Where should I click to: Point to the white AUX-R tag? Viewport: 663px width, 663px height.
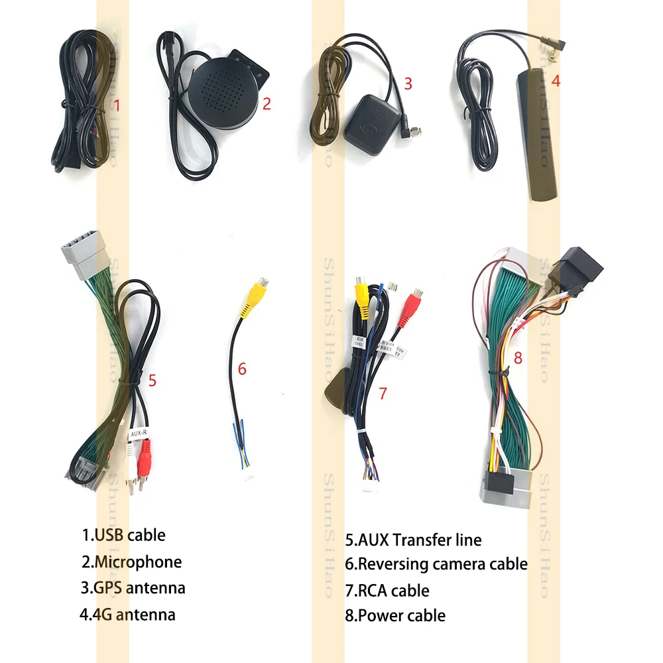click(139, 434)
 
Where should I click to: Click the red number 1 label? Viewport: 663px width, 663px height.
click(117, 105)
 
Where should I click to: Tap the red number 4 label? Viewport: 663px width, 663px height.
click(556, 81)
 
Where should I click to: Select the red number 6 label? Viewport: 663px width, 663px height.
click(242, 369)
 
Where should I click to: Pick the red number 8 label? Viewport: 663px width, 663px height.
click(518, 359)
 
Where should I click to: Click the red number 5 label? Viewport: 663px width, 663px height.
click(152, 380)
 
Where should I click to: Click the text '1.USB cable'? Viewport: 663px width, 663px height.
click(123, 534)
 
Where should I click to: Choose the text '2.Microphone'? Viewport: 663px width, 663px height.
click(131, 562)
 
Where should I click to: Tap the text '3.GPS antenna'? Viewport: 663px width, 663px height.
click(133, 587)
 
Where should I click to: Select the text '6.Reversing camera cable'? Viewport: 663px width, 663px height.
click(436, 564)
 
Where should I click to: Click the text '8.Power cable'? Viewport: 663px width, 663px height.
click(395, 615)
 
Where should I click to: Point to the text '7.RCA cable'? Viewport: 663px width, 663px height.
click(387, 590)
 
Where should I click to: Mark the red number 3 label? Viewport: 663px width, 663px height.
click(408, 84)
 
